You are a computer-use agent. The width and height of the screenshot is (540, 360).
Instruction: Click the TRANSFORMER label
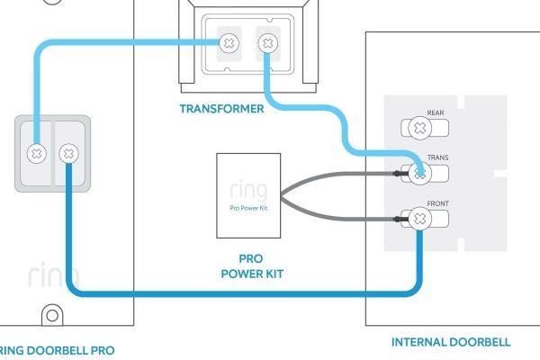pos(222,109)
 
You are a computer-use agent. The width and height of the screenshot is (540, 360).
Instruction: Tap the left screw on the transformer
pos(230,42)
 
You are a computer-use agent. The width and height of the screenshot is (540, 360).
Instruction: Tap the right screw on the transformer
pos(267,42)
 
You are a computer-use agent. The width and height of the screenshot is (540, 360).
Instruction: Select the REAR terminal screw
pos(418,128)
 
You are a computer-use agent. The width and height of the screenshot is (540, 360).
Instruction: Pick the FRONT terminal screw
pos(418,217)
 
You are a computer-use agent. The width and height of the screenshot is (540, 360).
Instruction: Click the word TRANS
pos(438,157)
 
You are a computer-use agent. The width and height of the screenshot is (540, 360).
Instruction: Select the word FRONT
pos(438,203)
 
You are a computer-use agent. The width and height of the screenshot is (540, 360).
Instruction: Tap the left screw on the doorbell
pos(36,153)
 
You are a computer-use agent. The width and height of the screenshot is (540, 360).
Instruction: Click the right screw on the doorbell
pos(67,153)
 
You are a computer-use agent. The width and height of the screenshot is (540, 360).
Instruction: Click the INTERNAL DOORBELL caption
pos(451,342)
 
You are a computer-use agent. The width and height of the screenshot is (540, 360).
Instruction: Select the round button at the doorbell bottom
pos(52,315)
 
